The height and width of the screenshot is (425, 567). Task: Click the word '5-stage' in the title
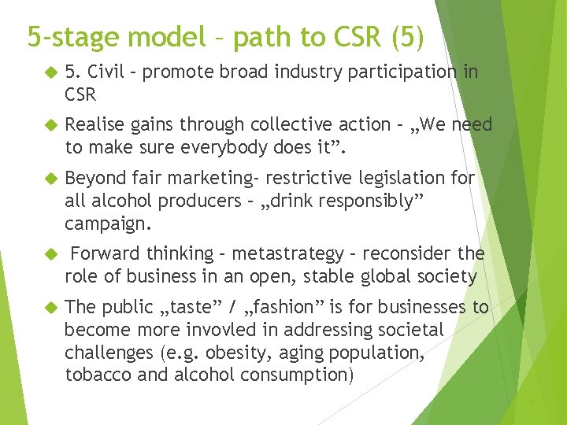point(73,37)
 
